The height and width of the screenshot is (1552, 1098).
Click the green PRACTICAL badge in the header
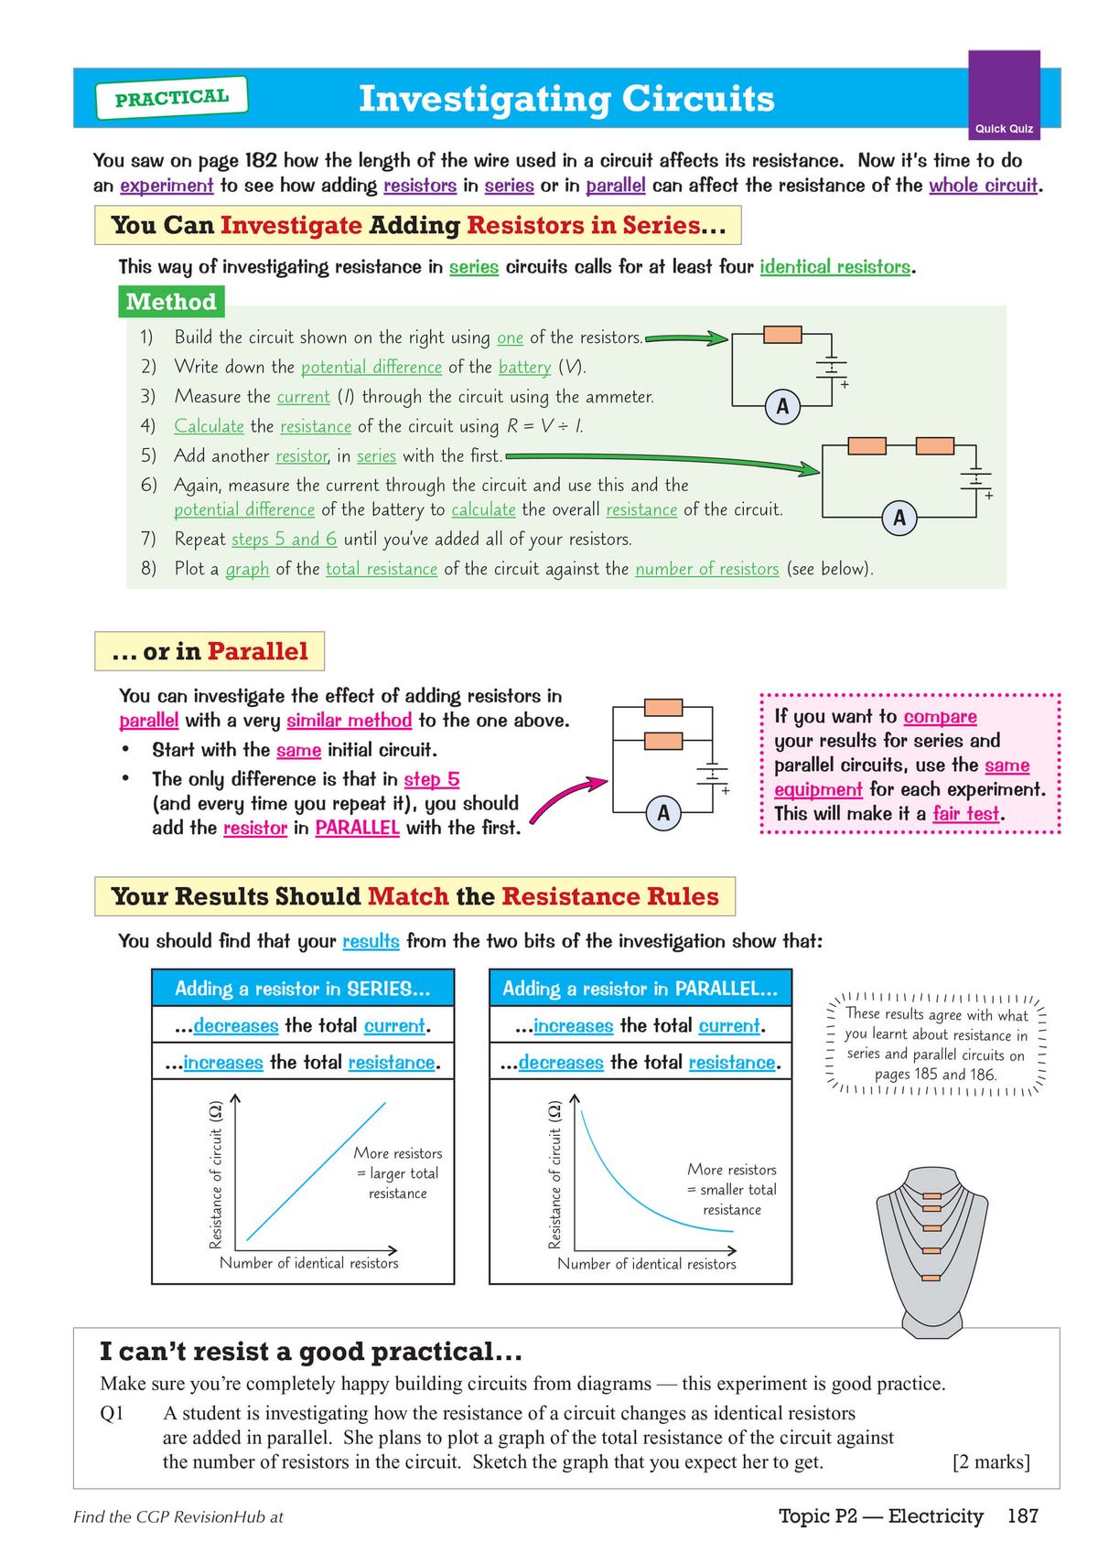coord(171,98)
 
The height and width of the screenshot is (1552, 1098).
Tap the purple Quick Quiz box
coord(1004,95)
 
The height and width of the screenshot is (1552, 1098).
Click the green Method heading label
coord(171,302)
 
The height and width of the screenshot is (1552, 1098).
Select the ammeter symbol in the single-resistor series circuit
coord(782,406)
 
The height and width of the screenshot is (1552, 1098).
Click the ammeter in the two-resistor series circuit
coord(899,518)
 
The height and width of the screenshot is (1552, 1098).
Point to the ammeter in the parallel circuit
coord(663,812)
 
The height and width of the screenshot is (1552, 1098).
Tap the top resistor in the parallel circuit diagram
coord(663,707)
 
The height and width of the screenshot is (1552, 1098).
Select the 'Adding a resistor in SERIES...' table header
coord(302,989)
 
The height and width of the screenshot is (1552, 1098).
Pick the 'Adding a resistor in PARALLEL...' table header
coord(640,989)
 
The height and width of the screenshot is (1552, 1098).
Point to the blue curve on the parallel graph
coord(622,1188)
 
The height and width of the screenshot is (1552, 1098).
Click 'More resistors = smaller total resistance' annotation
coord(731,1189)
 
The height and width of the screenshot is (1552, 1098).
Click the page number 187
coord(1022,1516)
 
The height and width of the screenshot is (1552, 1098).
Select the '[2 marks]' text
coord(991,1461)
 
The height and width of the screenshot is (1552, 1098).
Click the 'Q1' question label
coord(112,1413)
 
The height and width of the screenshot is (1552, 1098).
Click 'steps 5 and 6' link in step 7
coord(284,539)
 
